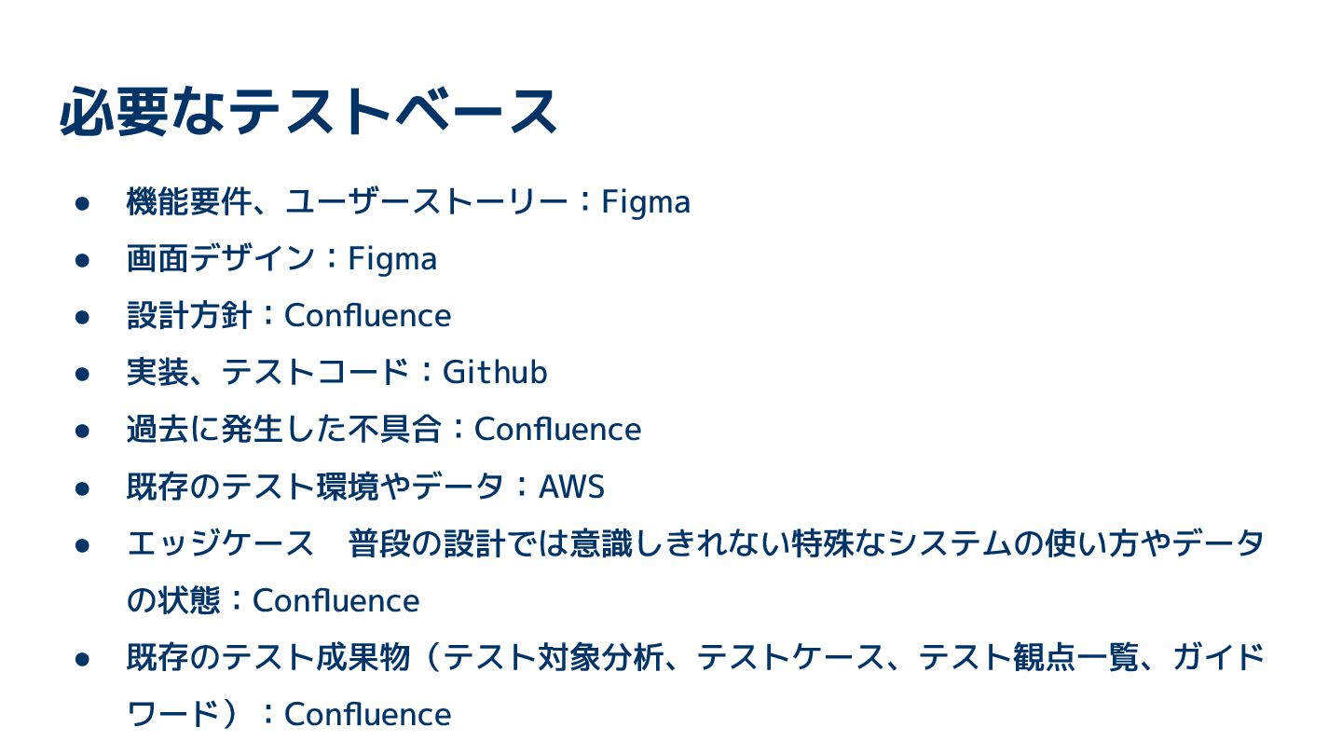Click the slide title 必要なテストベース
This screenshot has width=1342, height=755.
click(308, 111)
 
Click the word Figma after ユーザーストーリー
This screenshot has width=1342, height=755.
click(646, 202)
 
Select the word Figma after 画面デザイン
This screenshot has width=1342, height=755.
click(392, 259)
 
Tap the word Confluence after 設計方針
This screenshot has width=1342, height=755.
click(367, 316)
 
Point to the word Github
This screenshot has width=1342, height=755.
click(495, 373)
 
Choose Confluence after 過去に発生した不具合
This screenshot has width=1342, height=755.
click(557, 430)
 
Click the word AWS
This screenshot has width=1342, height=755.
click(572, 487)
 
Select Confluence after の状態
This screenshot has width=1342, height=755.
click(335, 601)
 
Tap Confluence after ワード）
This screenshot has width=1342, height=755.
click(367, 715)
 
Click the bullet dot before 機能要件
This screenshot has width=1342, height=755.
click(82, 203)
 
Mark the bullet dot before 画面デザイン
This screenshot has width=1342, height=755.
click(82, 260)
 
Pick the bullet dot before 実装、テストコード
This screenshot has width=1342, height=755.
click(82, 374)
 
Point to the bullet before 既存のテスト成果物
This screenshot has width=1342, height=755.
click(82, 659)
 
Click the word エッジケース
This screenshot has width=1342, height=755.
click(221, 544)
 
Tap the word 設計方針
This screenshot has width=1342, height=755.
click(189, 316)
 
